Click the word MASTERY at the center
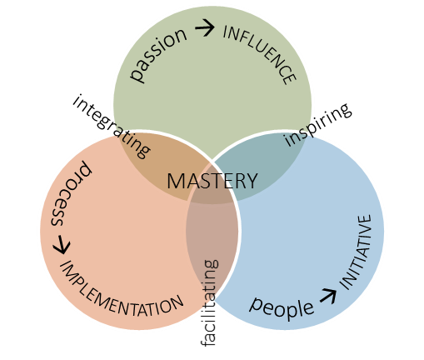coord(212,181)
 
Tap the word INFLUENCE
coord(261,52)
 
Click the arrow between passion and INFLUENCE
coord(205,27)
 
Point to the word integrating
coord(111,127)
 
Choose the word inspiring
coord(317,125)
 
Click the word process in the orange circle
coord(71,193)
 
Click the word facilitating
coord(210,302)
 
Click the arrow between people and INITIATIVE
coord(328,296)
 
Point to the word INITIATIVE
coord(356,252)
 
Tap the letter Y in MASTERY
coord(252,181)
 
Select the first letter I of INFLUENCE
coord(226,32)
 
